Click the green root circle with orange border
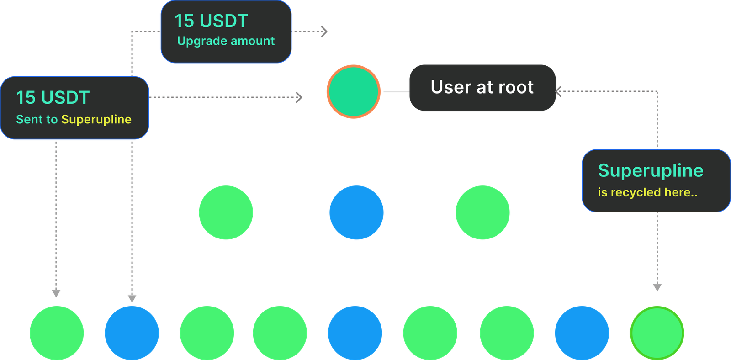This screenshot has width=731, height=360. pyautogui.click(x=353, y=91)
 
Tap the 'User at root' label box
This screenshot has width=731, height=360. pyautogui.click(x=482, y=87)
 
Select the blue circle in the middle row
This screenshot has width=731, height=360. pyautogui.click(x=356, y=212)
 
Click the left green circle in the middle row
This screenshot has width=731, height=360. pyautogui.click(x=226, y=212)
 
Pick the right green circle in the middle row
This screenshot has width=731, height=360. pyautogui.click(x=482, y=212)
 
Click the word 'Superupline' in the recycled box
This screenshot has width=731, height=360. pyautogui.click(x=650, y=170)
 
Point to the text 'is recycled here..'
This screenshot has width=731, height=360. pyautogui.click(x=647, y=192)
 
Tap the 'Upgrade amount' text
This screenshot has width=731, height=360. pyautogui.click(x=226, y=41)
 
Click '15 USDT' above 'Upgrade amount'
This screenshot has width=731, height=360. pyautogui.click(x=211, y=21)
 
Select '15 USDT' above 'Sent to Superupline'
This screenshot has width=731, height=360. pyautogui.click(x=53, y=97)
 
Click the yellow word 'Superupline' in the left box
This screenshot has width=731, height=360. pyautogui.click(x=96, y=119)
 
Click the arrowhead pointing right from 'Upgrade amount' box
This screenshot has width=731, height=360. pyautogui.click(x=324, y=32)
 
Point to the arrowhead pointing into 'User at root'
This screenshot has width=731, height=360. pyautogui.click(x=559, y=91)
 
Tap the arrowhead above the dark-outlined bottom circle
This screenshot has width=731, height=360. pyautogui.click(x=657, y=288)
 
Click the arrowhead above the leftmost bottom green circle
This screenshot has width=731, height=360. pyautogui.click(x=56, y=293)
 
